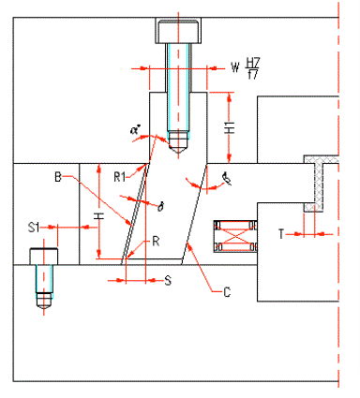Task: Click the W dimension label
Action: (x=234, y=67)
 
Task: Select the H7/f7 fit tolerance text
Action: (x=251, y=68)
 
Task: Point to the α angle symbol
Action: (x=135, y=130)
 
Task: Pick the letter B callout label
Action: (x=58, y=175)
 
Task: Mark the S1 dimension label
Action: (x=33, y=226)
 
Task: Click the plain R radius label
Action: (x=156, y=242)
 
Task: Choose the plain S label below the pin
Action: (x=168, y=279)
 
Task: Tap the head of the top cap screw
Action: (x=177, y=32)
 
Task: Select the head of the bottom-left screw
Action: (x=42, y=256)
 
